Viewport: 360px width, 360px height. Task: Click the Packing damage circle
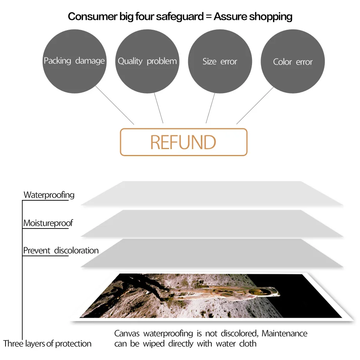(x=74, y=61)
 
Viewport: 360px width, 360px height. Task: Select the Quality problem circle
(x=147, y=61)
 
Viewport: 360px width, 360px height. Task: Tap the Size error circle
(x=220, y=61)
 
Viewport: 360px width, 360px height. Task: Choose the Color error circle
(x=293, y=61)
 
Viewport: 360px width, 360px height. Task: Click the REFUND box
(x=184, y=142)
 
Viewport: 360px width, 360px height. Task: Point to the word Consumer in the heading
(x=93, y=16)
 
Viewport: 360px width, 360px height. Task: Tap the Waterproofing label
(x=49, y=195)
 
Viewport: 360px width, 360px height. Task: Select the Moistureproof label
(x=48, y=223)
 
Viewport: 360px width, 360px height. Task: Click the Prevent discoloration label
(x=61, y=250)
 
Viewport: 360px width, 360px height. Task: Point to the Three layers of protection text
(x=47, y=344)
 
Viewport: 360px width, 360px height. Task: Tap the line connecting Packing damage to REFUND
(x=115, y=105)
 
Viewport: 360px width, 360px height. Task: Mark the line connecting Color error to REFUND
(x=255, y=106)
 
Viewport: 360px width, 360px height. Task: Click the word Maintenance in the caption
(x=284, y=333)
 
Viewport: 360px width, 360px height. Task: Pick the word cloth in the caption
(x=248, y=344)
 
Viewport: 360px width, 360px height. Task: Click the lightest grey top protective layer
(x=212, y=193)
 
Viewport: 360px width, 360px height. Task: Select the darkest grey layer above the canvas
(x=212, y=253)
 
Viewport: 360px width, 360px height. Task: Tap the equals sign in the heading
(x=209, y=16)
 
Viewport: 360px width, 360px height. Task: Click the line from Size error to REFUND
(x=210, y=108)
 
